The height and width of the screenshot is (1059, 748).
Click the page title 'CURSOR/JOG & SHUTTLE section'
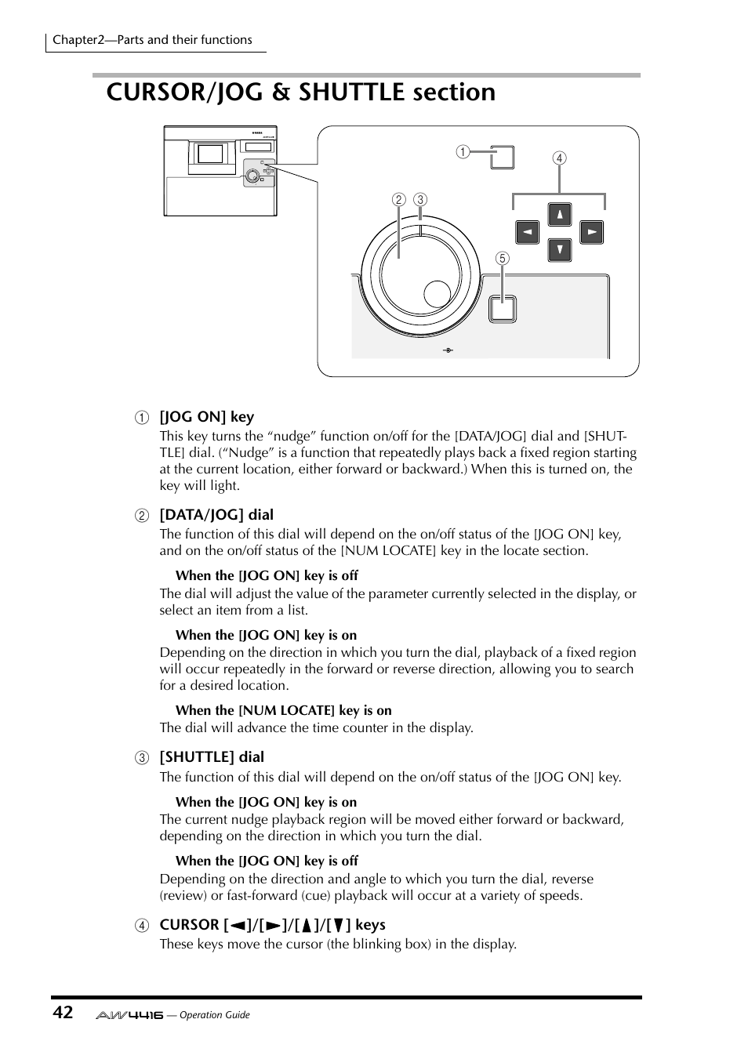[300, 92]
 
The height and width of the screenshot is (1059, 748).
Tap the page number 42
[63, 1013]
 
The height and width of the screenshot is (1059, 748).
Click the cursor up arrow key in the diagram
[559, 214]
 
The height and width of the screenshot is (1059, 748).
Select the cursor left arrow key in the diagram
[527, 232]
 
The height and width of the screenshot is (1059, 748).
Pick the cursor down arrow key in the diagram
[559, 250]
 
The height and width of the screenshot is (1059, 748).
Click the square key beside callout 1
[502, 157]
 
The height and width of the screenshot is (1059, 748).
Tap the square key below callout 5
[502, 309]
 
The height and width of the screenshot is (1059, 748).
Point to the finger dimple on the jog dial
[437, 293]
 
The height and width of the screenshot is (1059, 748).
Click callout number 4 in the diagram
[559, 158]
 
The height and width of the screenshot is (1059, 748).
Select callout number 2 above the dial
[398, 199]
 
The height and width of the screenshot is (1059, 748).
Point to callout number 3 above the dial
[420, 199]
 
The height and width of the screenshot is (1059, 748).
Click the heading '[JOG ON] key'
[207, 417]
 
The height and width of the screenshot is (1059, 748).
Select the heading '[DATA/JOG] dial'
[216, 515]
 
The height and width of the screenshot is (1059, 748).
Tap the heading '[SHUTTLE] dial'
[212, 757]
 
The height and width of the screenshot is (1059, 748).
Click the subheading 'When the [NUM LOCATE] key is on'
[283, 710]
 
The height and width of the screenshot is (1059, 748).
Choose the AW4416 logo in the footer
[129, 1014]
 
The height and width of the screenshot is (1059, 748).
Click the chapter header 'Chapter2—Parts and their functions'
[152, 40]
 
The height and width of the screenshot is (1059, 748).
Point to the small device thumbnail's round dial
[252, 176]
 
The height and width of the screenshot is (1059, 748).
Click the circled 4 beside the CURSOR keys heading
[141, 925]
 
